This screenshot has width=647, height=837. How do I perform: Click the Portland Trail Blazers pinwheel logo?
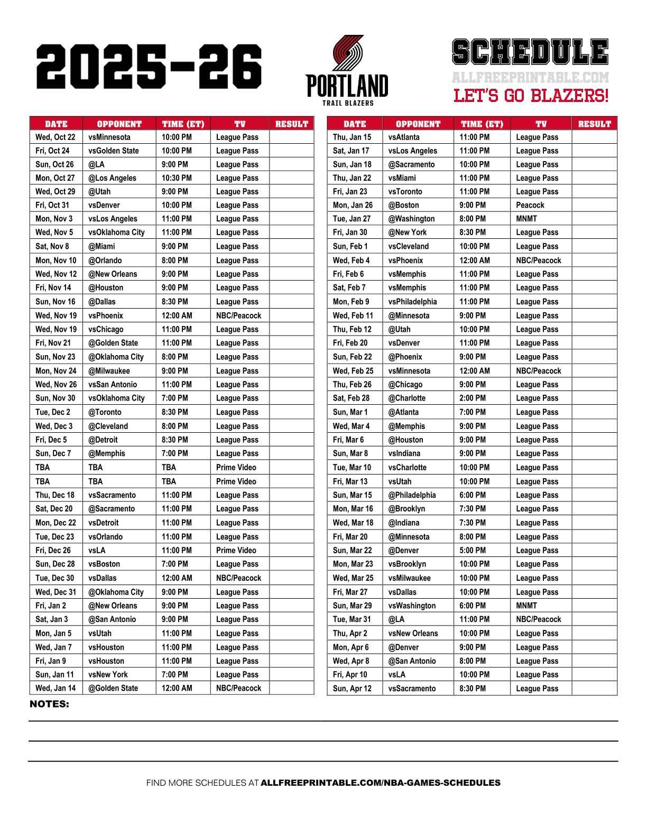(x=347, y=53)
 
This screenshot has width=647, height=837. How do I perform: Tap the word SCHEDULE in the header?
(x=530, y=53)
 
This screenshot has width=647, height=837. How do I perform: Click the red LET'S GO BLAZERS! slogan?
(x=531, y=96)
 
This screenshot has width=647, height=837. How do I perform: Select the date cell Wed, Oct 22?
(x=56, y=137)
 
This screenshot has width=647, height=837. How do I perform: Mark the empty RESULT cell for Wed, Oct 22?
(x=291, y=137)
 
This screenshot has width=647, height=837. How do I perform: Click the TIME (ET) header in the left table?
(x=183, y=124)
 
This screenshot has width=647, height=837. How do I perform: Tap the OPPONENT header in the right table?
(x=418, y=124)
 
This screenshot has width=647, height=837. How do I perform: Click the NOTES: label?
(x=49, y=704)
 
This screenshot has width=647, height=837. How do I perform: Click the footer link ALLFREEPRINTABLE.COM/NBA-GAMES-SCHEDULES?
(x=380, y=783)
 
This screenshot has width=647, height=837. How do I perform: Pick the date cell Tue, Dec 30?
(x=55, y=578)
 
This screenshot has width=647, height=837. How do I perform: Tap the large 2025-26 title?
(x=149, y=67)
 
